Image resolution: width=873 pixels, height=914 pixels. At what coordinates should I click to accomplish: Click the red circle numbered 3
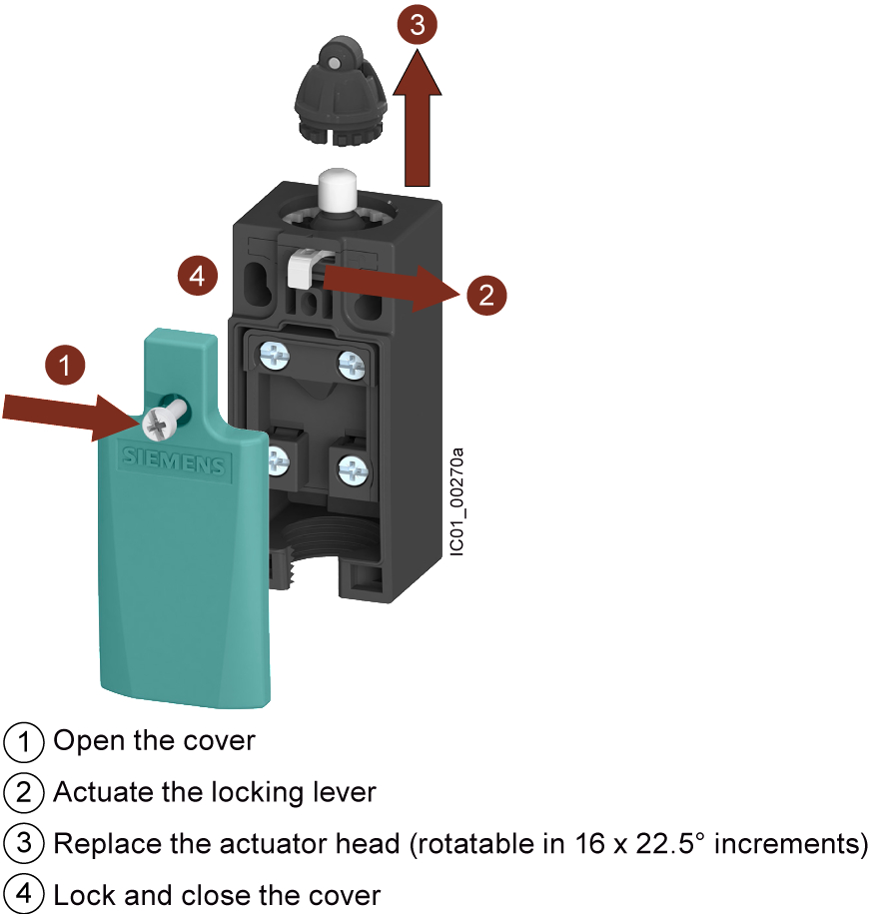coord(418,24)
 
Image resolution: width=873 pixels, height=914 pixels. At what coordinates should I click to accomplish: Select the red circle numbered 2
coord(486,295)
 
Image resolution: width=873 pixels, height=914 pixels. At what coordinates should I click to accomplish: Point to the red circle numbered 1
coord(65,365)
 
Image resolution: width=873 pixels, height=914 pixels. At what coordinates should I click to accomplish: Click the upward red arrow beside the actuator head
coord(418,118)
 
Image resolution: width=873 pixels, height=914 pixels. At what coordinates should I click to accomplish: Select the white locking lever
coord(305,267)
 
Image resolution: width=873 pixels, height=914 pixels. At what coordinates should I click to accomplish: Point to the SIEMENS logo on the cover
coord(174,461)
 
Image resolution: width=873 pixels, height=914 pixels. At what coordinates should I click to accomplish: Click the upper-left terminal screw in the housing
coord(275,355)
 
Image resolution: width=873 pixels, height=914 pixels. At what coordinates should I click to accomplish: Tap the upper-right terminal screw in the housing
coord(352,365)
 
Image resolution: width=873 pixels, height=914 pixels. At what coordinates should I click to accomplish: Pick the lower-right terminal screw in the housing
coord(354,469)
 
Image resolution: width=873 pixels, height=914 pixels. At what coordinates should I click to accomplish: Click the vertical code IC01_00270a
coord(456,501)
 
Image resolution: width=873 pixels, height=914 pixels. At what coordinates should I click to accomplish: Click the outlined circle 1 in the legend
coord(23,741)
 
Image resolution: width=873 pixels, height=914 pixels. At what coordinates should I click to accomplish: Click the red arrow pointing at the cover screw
coord(72,416)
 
